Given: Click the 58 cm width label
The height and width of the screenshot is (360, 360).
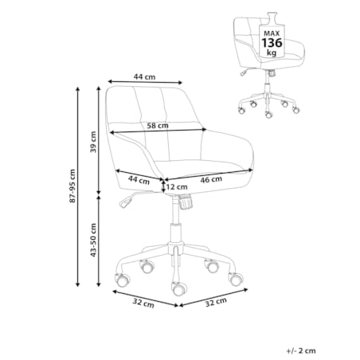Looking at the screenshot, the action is pos(158,125).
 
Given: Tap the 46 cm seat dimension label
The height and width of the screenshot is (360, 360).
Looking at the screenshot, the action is pos(211,180).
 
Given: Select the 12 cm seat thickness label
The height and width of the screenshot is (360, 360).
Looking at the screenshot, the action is pos(177,187).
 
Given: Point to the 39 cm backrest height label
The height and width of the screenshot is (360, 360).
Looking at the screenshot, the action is pos(93,142).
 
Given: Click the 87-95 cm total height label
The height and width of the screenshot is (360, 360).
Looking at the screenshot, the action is pos(72,186).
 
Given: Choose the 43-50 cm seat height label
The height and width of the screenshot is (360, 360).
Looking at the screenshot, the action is pos(93,240).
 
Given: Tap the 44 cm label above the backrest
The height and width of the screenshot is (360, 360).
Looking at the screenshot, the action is pos(144,77).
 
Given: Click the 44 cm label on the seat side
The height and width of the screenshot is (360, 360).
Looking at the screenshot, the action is pos(139,180).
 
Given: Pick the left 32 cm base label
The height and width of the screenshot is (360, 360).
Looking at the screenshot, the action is pos(143,303).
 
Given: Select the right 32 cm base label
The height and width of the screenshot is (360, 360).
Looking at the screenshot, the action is pos(216,302).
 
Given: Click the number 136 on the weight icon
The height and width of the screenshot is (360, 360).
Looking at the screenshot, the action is pos(272,43).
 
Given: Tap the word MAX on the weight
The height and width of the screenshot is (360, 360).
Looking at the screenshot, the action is pos(272,33).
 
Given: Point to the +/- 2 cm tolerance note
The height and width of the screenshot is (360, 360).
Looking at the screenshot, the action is pos(301,350).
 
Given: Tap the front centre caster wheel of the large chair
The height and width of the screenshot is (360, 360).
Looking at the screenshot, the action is pos(179,288).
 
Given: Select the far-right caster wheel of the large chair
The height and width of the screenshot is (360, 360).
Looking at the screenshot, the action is pos(236,279).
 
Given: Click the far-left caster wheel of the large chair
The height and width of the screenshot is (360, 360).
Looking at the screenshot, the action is pos(123,280).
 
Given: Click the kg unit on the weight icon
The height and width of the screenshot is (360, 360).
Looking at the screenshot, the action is pos(272,53).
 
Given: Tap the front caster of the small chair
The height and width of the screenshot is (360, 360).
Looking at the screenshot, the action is pos(268,115).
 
